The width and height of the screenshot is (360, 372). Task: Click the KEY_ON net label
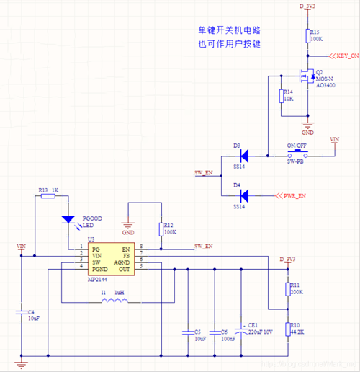pos(343,56)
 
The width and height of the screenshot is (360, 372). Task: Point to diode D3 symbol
pos(244,154)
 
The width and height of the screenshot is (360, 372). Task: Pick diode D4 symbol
pos(244,195)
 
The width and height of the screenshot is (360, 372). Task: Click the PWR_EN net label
pos(292,195)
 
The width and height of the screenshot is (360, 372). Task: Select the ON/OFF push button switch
pos(297,154)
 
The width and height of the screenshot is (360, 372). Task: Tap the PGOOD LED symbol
pos(68,218)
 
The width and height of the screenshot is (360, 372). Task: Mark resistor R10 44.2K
pos(287,328)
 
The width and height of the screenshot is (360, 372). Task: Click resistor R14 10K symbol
pos(280,96)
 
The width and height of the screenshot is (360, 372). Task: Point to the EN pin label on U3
pos(126,248)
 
